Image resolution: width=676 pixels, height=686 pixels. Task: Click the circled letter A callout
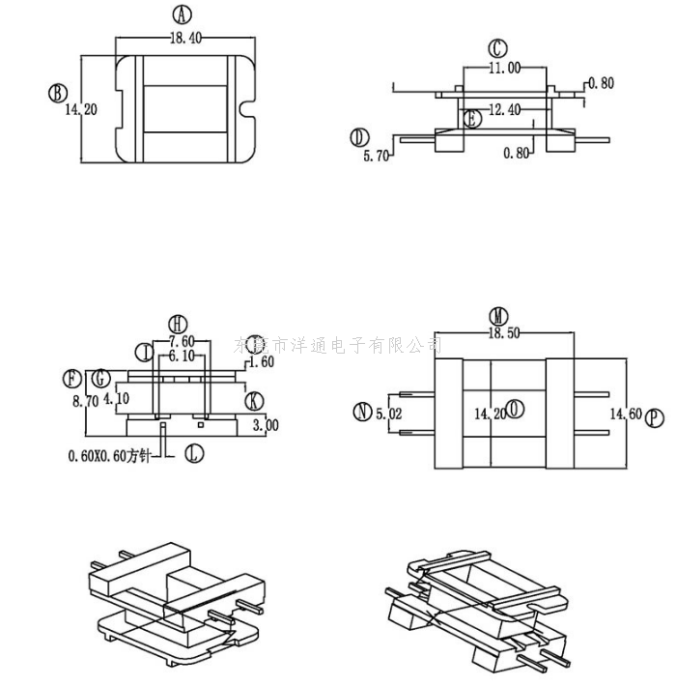pos(182,14)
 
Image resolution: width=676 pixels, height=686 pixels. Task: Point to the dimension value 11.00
pos(504,68)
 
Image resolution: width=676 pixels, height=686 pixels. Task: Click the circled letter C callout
pos(497,47)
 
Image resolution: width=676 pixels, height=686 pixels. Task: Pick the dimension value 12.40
pos(504,110)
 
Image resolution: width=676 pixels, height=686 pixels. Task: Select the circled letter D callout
pos(360,136)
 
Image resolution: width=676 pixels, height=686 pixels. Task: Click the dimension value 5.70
pos(376,155)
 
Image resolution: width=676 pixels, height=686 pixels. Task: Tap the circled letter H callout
pos(178,323)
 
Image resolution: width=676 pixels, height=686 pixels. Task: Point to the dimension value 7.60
pos(183,342)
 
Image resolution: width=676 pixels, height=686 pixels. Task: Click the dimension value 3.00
pos(264,424)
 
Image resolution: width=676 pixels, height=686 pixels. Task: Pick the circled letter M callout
pos(499,316)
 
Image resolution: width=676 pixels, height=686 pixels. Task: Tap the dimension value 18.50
pos(503,332)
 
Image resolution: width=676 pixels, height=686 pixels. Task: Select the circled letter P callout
pos(656,417)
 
